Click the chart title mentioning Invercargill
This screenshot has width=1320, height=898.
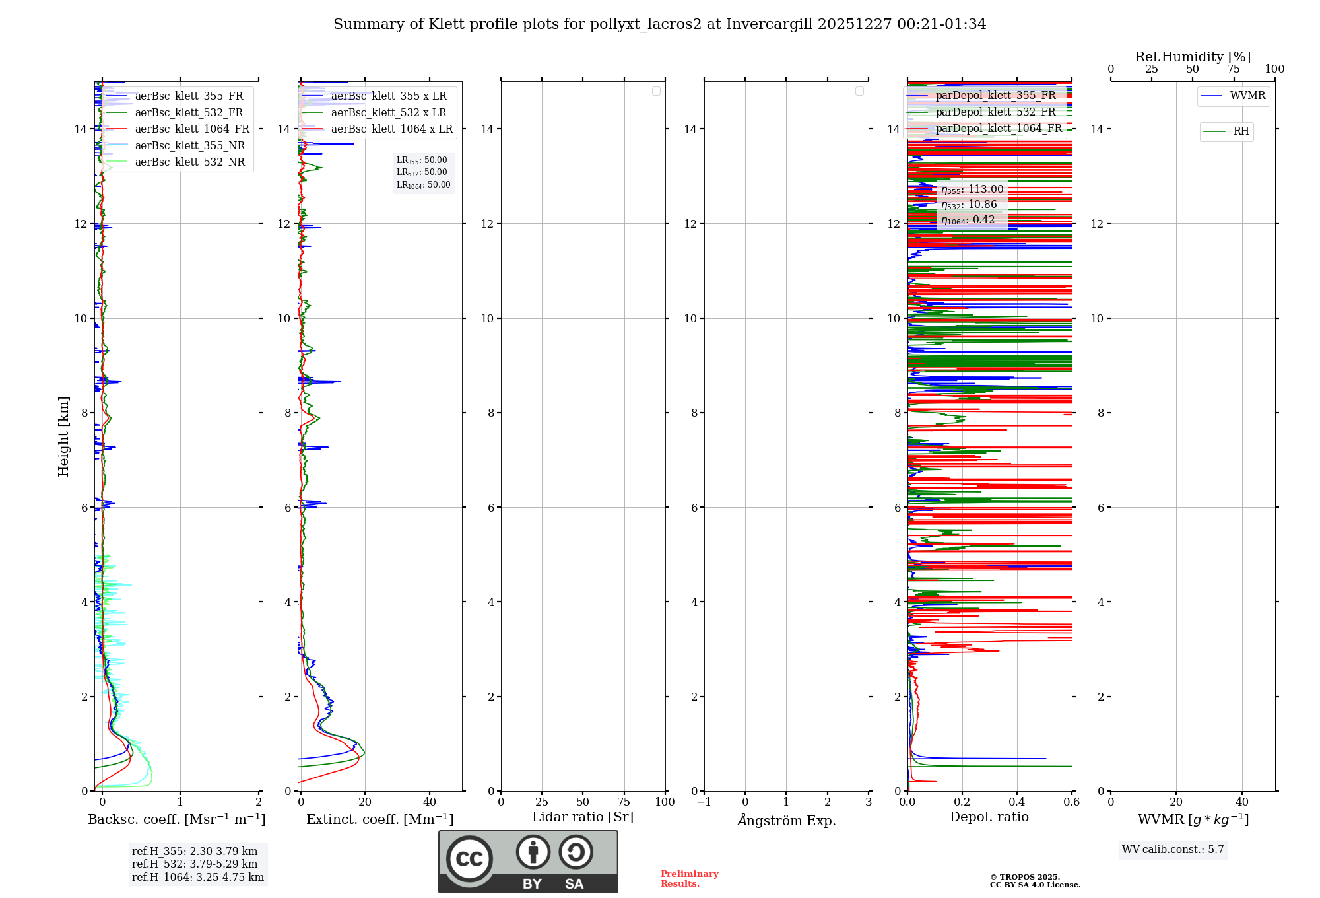tap(659, 24)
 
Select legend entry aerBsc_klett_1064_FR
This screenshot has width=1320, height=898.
tap(191, 129)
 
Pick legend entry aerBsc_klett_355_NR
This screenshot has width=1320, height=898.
tap(189, 146)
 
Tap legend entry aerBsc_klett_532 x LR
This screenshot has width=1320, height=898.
tap(388, 113)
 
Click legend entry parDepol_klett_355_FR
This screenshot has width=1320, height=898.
tap(995, 96)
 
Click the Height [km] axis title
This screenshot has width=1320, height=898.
tap(63, 436)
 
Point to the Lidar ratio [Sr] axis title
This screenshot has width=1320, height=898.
tap(583, 817)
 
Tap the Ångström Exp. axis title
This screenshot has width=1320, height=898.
tap(786, 821)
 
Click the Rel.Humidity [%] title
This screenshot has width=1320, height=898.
tap(1193, 57)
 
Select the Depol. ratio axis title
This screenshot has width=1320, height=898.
tap(989, 817)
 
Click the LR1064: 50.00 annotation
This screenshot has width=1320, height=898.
tap(423, 185)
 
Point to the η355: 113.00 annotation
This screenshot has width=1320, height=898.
tap(972, 190)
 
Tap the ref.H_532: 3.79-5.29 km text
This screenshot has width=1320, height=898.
tap(195, 864)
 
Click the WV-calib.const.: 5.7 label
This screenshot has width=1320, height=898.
tap(1173, 850)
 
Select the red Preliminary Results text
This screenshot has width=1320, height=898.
tap(689, 879)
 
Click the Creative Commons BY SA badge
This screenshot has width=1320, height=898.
tap(528, 862)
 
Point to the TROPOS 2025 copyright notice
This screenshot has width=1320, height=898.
tap(1035, 881)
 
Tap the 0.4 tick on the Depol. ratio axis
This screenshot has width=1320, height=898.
tap(1017, 802)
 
